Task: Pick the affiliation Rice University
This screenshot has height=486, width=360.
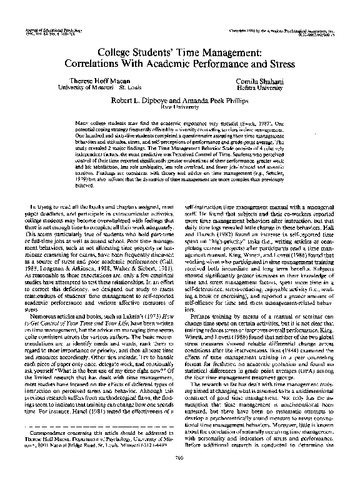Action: click(180, 106)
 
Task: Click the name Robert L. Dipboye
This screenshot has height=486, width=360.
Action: click(146, 99)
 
